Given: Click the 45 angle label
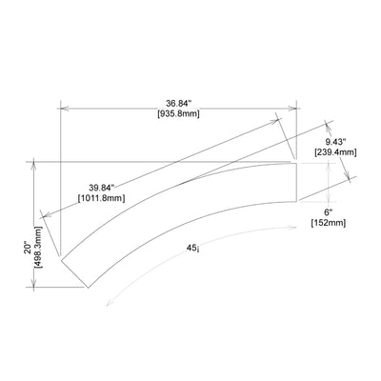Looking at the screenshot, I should point(191,248).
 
